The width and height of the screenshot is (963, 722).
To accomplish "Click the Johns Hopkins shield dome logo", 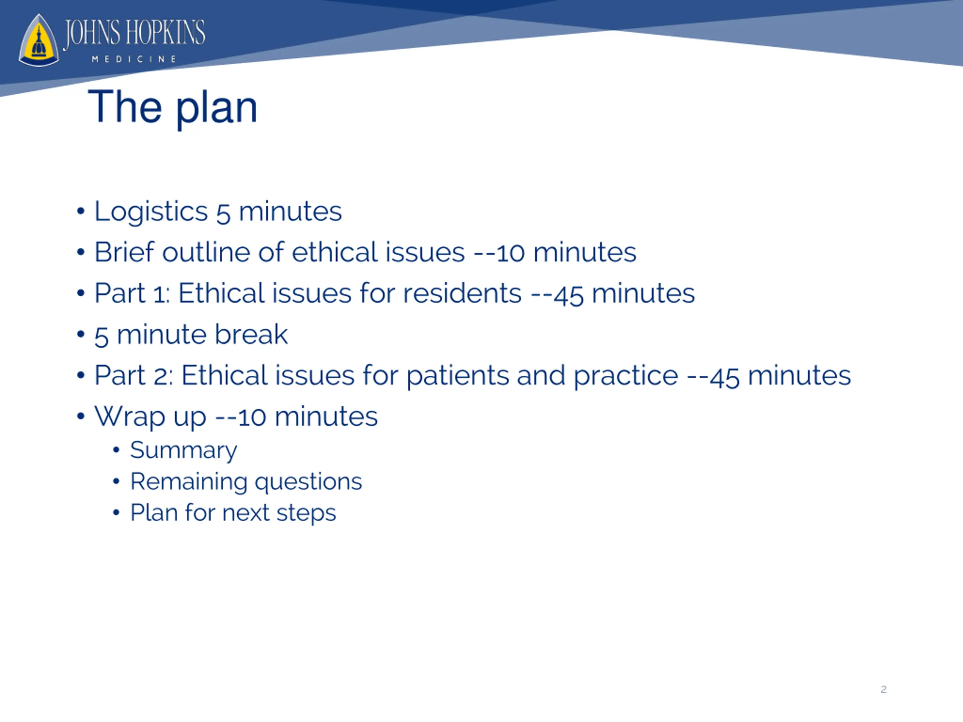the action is (39, 41).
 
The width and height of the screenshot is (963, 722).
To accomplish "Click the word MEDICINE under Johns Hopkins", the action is (134, 59).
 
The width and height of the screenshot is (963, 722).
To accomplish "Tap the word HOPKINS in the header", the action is (165, 33).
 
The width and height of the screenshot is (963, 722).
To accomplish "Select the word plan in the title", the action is (216, 109).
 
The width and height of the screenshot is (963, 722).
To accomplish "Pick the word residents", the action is (462, 293).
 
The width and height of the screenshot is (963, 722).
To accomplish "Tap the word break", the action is (251, 334).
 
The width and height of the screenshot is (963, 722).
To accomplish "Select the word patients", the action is (457, 376).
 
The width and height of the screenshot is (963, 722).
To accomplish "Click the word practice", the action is (626, 376).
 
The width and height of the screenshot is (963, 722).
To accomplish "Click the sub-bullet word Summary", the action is (184, 450).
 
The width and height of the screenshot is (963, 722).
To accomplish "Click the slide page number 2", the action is (883, 689).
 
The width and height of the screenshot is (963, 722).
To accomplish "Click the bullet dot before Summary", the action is (116, 450).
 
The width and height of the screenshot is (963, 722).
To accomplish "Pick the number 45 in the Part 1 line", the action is (568, 295).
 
